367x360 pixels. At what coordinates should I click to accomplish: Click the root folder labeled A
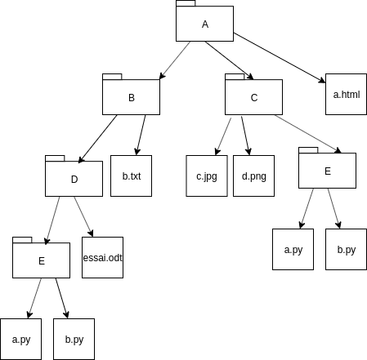click(204, 24)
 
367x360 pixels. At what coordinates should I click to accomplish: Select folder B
click(131, 97)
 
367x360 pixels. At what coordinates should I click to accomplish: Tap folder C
click(253, 97)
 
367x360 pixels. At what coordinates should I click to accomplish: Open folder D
click(74, 179)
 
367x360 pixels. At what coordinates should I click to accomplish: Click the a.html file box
click(346, 94)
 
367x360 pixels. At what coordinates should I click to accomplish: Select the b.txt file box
click(131, 176)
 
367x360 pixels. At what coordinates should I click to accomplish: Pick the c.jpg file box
click(207, 176)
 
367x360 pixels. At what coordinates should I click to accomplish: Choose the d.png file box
click(253, 176)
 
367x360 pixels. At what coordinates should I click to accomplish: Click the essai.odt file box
click(102, 257)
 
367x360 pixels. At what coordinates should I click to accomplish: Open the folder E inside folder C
click(327, 171)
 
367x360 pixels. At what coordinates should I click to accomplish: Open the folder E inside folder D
click(41, 260)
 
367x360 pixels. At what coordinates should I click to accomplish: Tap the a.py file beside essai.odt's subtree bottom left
click(21, 339)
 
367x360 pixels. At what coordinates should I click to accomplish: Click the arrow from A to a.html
click(280, 58)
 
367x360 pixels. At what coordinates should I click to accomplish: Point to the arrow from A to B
click(175, 60)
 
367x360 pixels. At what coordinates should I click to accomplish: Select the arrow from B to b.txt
click(141, 135)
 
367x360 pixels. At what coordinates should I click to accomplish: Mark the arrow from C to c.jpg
click(223, 136)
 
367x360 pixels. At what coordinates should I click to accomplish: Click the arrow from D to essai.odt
click(83, 216)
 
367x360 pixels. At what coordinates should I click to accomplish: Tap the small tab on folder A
click(186, 3)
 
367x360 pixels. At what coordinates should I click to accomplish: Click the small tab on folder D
click(55, 158)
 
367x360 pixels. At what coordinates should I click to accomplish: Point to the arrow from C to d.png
click(245, 136)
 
